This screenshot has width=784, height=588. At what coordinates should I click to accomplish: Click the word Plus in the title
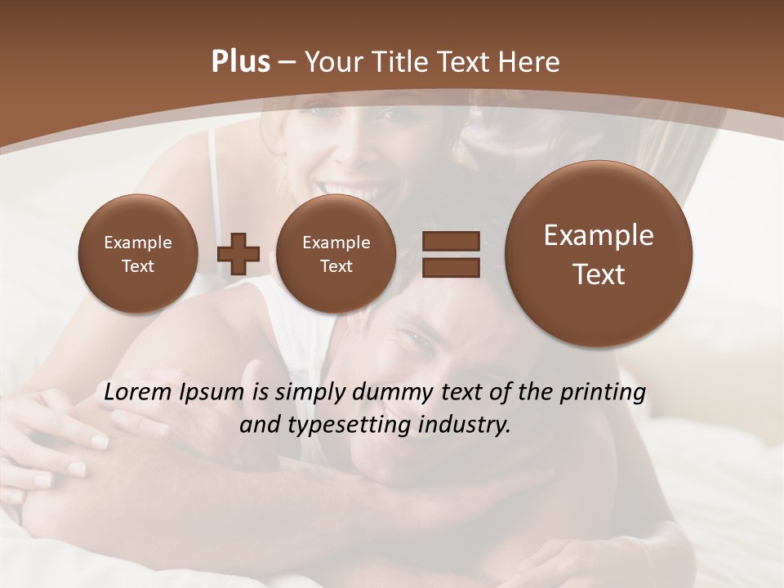(x=240, y=62)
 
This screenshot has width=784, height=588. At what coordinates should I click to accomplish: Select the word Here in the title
(x=530, y=62)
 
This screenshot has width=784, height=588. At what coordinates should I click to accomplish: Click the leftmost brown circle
(x=137, y=253)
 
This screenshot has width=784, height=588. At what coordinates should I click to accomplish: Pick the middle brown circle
(x=336, y=253)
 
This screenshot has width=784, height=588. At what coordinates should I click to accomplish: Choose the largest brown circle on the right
(x=599, y=254)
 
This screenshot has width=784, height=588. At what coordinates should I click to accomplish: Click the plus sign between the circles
(x=238, y=254)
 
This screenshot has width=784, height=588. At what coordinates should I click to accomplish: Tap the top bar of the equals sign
(x=451, y=242)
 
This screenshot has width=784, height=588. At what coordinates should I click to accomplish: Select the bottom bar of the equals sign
(x=451, y=266)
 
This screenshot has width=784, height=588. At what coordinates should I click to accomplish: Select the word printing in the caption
(x=603, y=393)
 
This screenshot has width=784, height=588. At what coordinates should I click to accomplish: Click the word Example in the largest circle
(x=599, y=235)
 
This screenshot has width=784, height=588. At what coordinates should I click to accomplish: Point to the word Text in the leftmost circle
(x=137, y=266)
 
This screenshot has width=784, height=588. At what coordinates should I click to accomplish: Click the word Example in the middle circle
(x=336, y=243)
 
